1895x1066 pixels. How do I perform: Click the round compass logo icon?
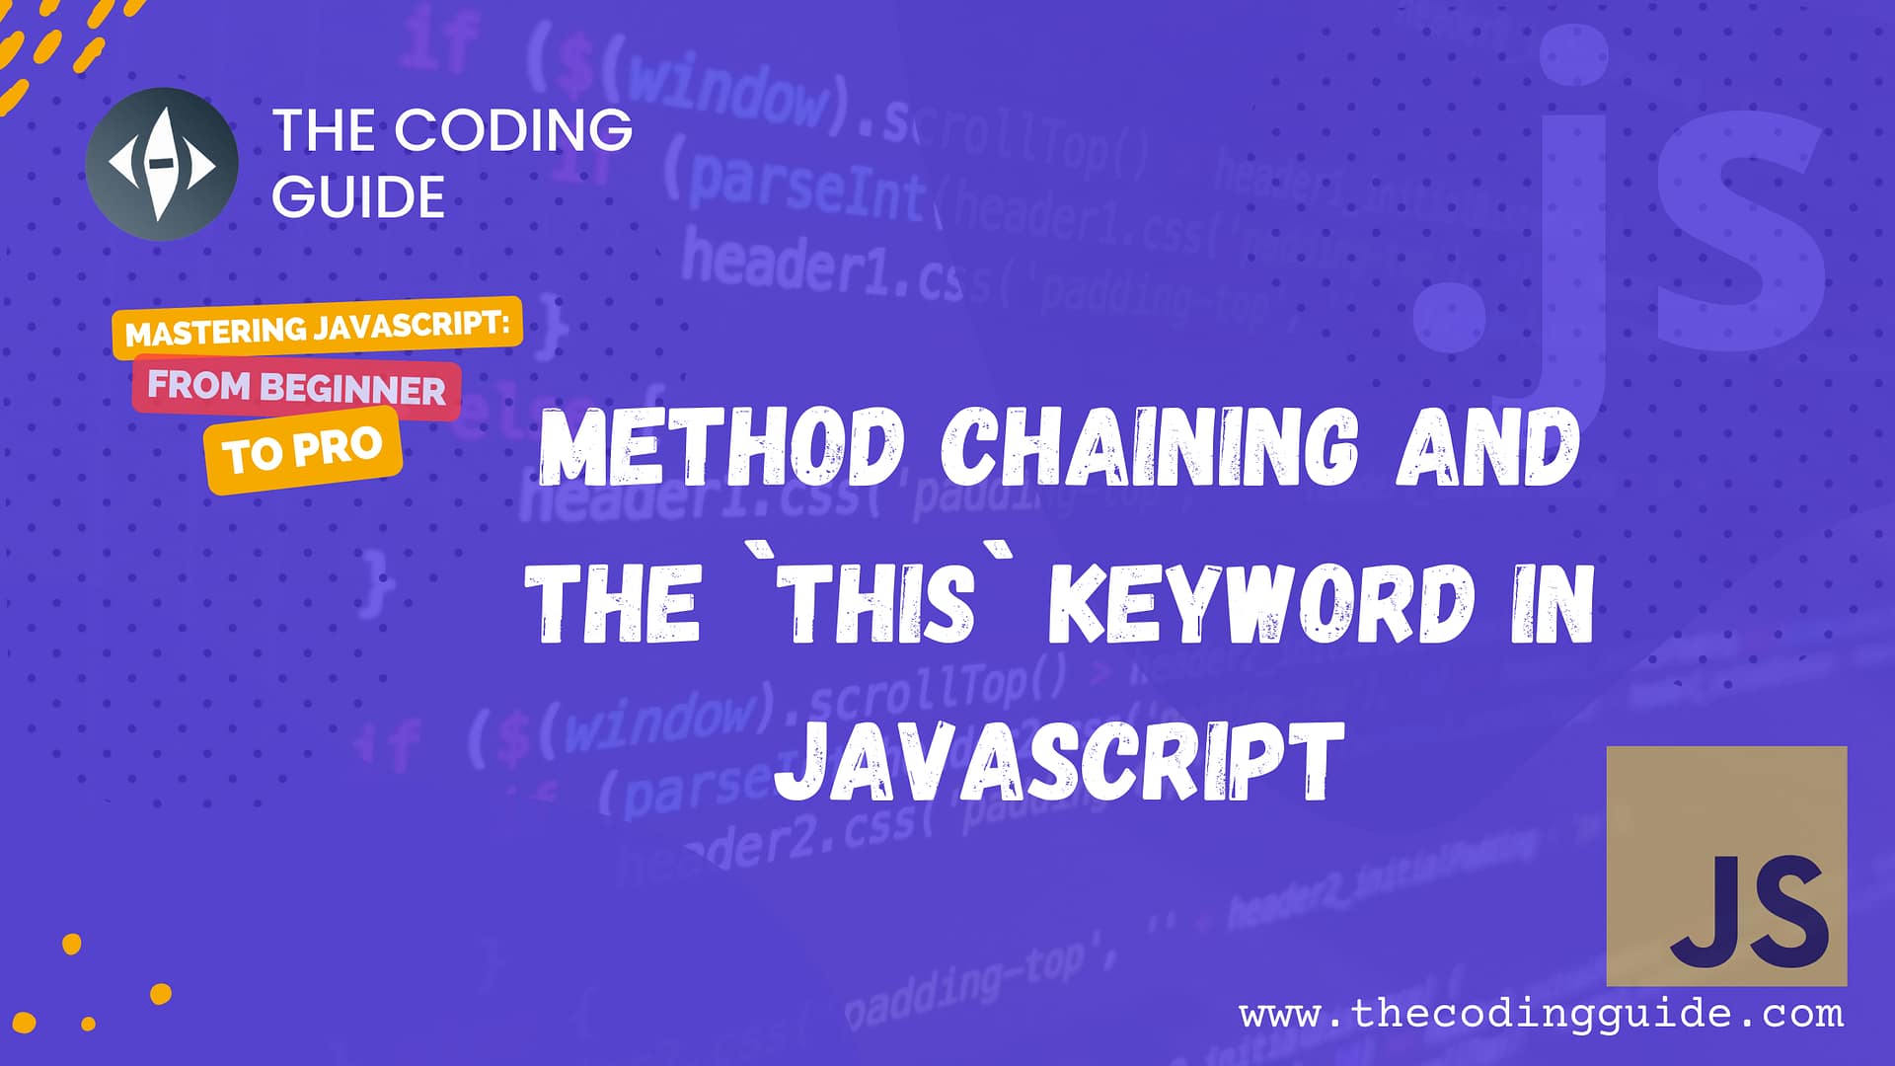pyautogui.click(x=162, y=164)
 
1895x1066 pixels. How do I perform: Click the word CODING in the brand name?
pyautogui.click(x=515, y=130)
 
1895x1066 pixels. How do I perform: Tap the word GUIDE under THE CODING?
pyautogui.click(x=358, y=196)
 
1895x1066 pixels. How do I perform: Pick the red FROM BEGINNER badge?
pyautogui.click(x=296, y=387)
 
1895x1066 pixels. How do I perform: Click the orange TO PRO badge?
pyautogui.click(x=302, y=450)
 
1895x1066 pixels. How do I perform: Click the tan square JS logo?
pyautogui.click(x=1726, y=866)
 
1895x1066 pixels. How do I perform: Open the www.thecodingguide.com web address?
pyautogui.click(x=1541, y=1014)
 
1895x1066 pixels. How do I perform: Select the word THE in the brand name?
pyautogui.click(x=321, y=130)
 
